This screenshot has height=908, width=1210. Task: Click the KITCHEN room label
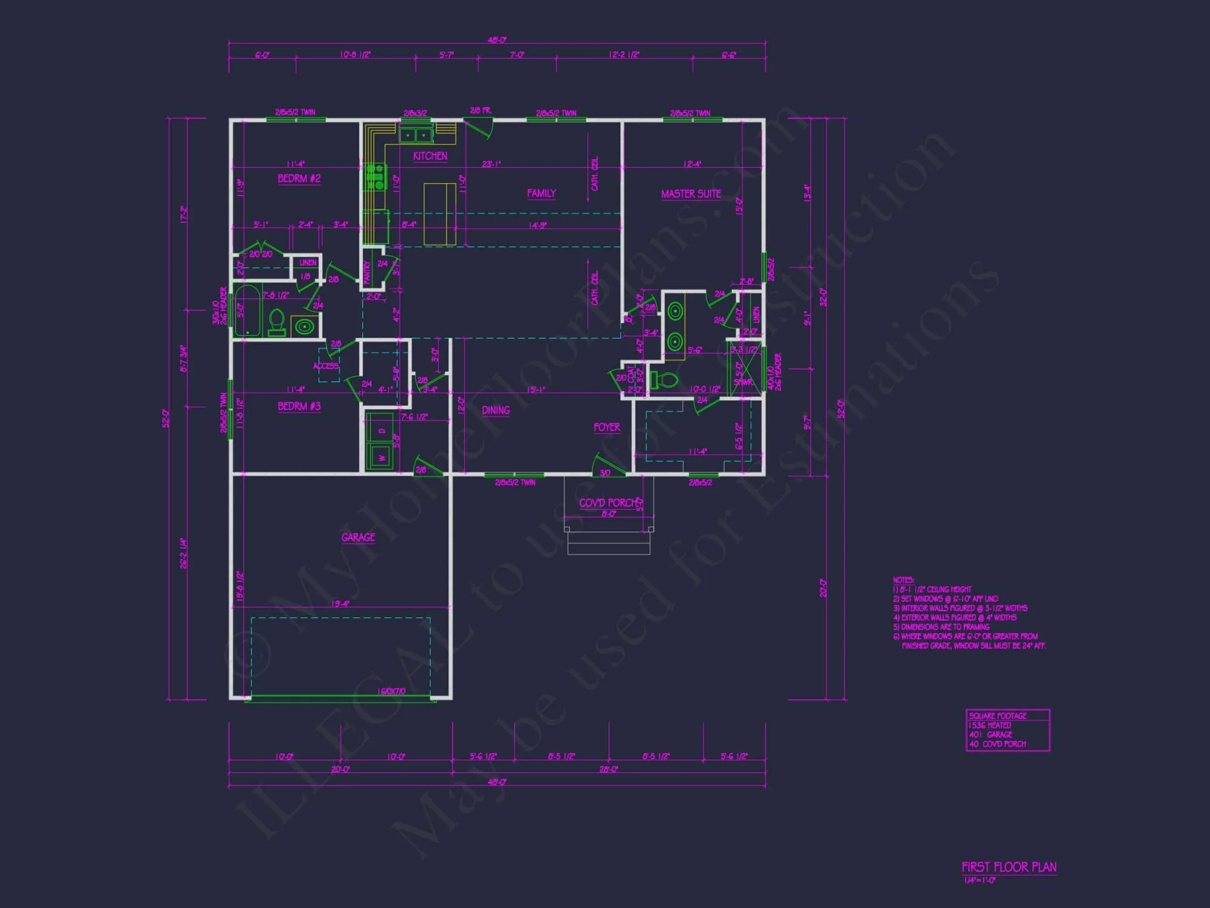[x=430, y=156]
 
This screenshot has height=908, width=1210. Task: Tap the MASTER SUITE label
[x=691, y=194]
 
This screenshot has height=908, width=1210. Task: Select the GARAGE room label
[x=358, y=538]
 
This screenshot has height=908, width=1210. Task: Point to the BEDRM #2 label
[x=299, y=179]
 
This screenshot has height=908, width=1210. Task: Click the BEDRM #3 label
[x=299, y=406]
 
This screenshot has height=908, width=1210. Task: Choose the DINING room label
[x=495, y=410]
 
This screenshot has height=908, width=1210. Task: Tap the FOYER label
[x=607, y=427]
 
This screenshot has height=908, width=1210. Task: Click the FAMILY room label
[x=541, y=194]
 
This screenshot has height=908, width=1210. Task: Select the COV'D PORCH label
[x=608, y=503]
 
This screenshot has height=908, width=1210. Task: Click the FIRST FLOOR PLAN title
[x=1009, y=867]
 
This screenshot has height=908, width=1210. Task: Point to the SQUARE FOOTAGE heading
[x=997, y=716]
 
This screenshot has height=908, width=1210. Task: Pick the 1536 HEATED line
[x=990, y=725]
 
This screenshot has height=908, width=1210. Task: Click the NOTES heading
[x=903, y=580]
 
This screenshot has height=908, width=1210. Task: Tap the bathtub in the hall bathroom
[x=247, y=311]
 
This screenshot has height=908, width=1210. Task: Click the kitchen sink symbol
[x=416, y=135]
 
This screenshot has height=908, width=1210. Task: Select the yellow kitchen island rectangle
[x=440, y=214]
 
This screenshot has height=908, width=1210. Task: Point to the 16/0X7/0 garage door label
[x=391, y=691]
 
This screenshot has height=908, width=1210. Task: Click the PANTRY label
[x=367, y=272]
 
